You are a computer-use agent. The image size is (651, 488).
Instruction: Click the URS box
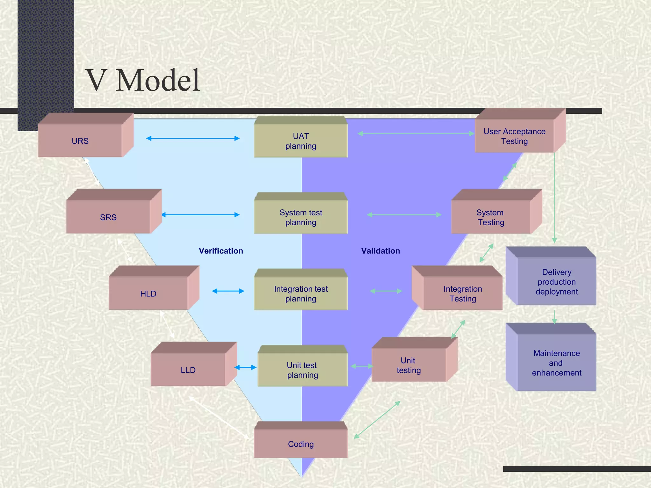(80, 140)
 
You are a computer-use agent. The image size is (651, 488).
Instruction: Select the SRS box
(108, 217)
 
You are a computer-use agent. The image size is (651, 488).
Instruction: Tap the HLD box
(148, 293)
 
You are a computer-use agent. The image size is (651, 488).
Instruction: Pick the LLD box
(188, 369)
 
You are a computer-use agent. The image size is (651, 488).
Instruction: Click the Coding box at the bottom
(301, 444)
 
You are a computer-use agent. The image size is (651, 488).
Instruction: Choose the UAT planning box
(301, 141)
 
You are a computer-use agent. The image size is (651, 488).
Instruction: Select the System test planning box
(301, 217)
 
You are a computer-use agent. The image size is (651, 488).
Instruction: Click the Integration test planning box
(301, 293)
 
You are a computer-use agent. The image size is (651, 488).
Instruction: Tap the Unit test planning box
(302, 370)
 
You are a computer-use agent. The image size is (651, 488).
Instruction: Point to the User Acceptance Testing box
(514, 136)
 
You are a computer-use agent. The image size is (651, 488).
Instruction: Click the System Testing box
(491, 217)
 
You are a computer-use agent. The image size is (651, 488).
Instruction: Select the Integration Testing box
(463, 293)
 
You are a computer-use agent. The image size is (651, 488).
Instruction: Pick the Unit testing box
(409, 365)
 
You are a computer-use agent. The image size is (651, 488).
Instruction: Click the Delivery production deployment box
(557, 281)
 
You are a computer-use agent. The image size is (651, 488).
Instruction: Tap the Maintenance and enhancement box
(557, 363)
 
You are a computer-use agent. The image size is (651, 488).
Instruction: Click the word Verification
(221, 251)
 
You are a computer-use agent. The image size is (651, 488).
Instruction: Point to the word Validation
(380, 251)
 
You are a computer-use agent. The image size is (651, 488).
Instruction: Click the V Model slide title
(143, 80)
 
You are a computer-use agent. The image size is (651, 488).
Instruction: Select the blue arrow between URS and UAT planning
(193, 138)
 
